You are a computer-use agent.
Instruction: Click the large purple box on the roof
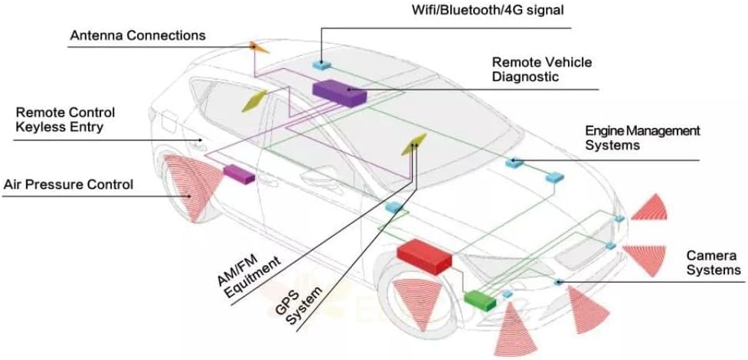(339, 93)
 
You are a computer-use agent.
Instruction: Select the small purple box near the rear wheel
(239, 175)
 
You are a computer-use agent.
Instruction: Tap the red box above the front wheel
(424, 257)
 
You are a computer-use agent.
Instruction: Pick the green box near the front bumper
(480, 301)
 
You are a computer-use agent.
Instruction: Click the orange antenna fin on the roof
(259, 47)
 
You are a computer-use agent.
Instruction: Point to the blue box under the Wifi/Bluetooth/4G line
(322, 65)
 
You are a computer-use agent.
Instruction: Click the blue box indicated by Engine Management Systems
(514, 163)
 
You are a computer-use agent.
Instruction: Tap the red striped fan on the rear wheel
(193, 187)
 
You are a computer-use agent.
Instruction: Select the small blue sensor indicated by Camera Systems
(557, 283)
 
